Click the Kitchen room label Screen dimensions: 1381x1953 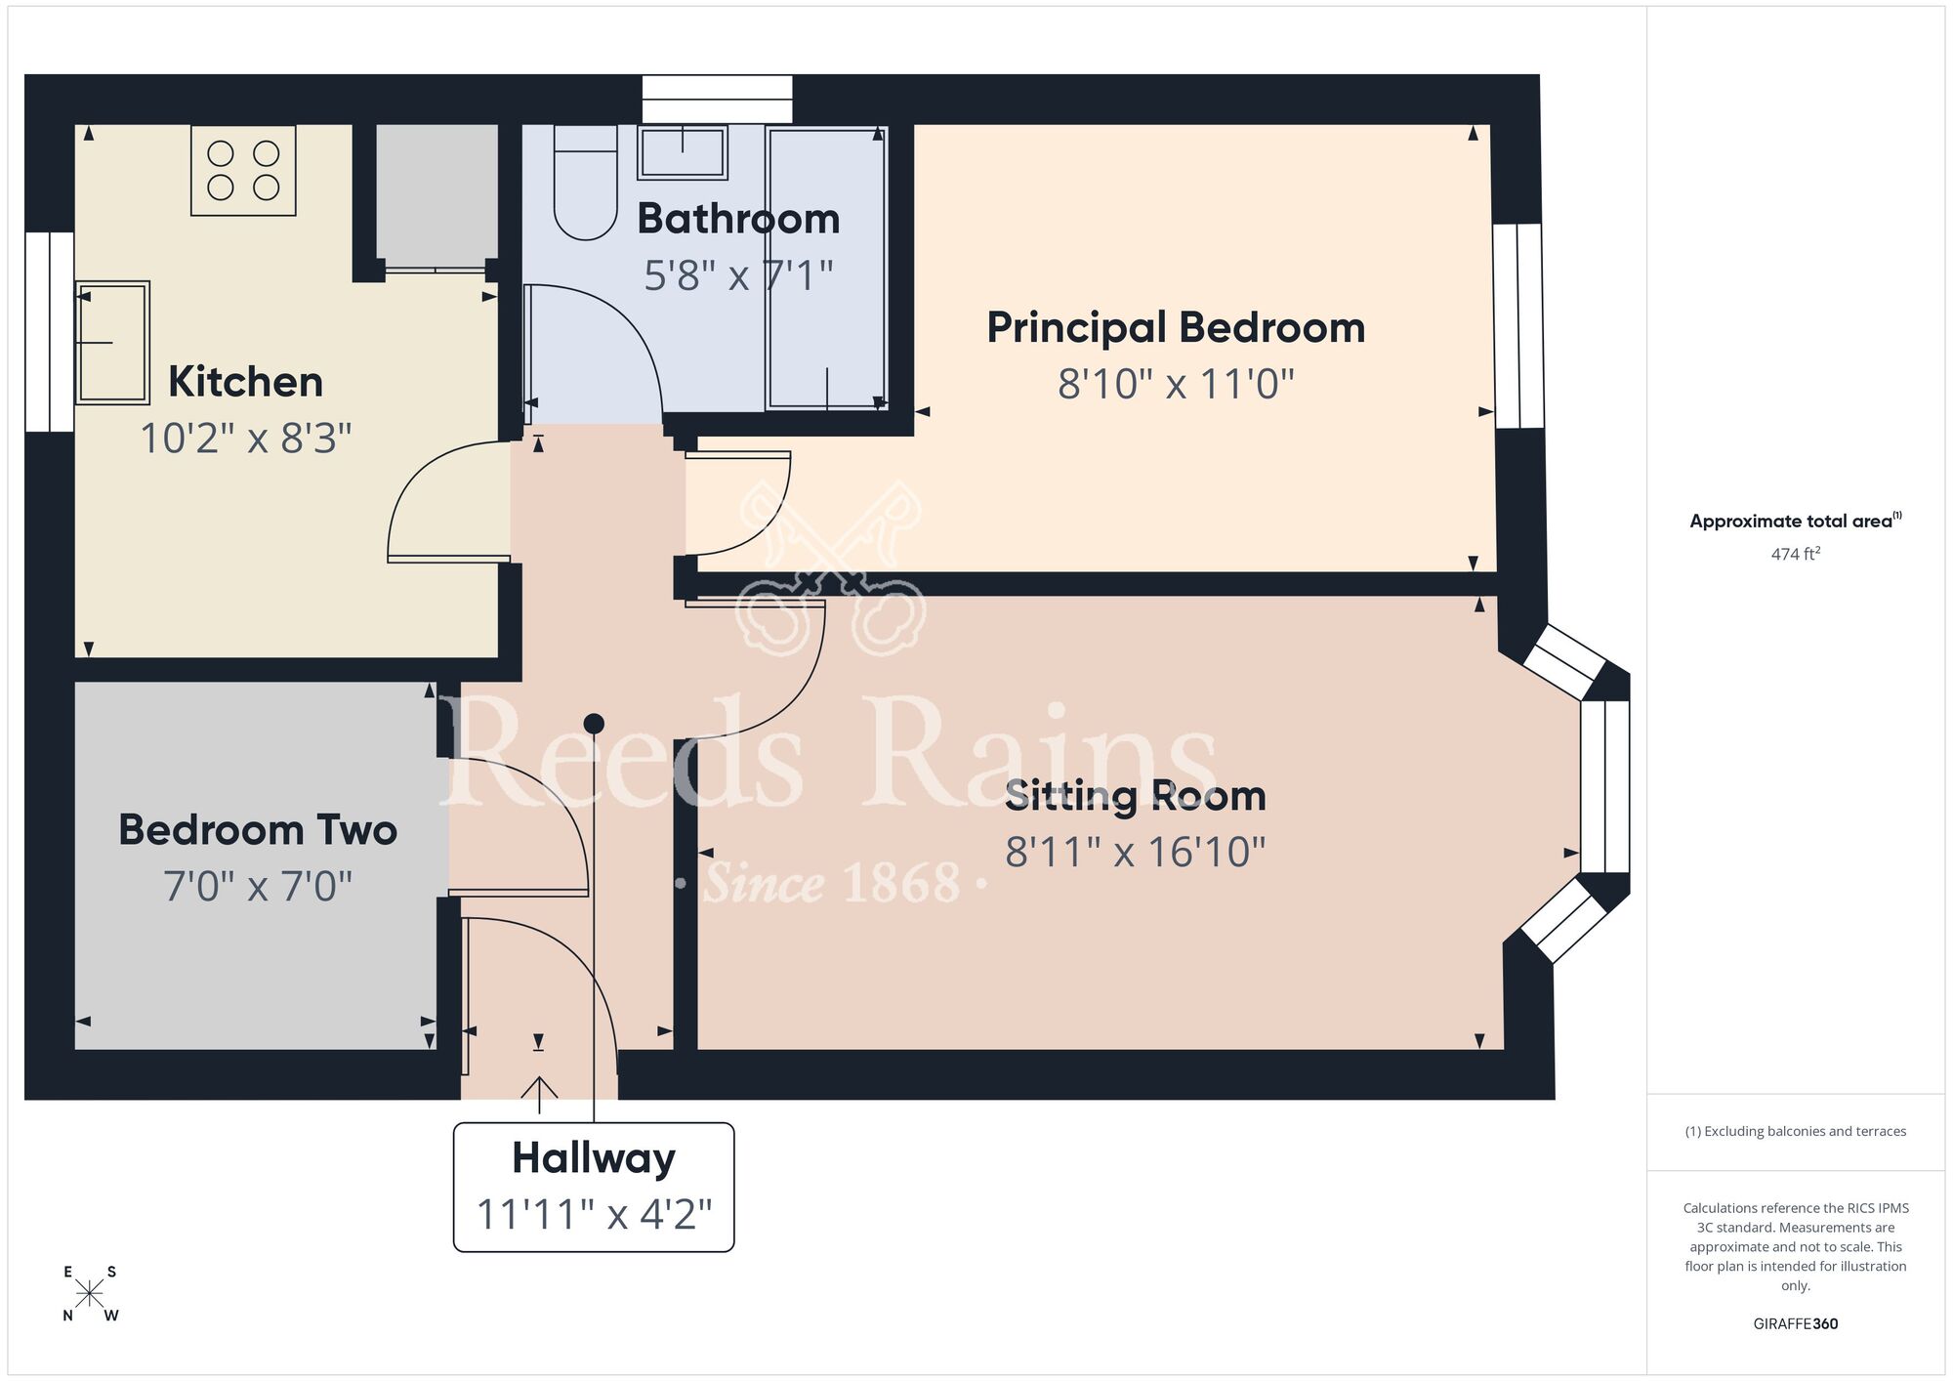[x=245, y=382]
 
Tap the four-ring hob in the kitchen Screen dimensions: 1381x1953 [x=243, y=171]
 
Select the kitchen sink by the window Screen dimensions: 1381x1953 [x=112, y=342]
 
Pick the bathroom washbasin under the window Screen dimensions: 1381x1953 [x=682, y=153]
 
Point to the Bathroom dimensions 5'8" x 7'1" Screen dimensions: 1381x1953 [x=738, y=275]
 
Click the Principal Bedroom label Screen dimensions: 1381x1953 [x=1175, y=327]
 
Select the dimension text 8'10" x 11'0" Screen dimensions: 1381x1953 [x=1175, y=384]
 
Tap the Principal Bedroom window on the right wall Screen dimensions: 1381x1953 [x=1518, y=325]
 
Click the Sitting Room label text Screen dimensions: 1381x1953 [x=1135, y=796]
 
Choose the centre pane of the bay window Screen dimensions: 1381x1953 [x=1604, y=786]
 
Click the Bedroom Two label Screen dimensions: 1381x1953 [x=258, y=830]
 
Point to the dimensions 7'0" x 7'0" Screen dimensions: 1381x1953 [x=258, y=887]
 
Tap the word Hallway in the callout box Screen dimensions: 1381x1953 [x=593, y=1158]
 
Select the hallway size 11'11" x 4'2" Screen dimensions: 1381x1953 [x=593, y=1215]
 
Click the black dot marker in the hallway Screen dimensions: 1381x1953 [x=594, y=724]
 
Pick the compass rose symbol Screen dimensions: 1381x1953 [x=90, y=1294]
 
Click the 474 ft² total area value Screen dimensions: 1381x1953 [x=1795, y=554]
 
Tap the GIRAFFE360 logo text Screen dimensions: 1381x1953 [x=1795, y=1324]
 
